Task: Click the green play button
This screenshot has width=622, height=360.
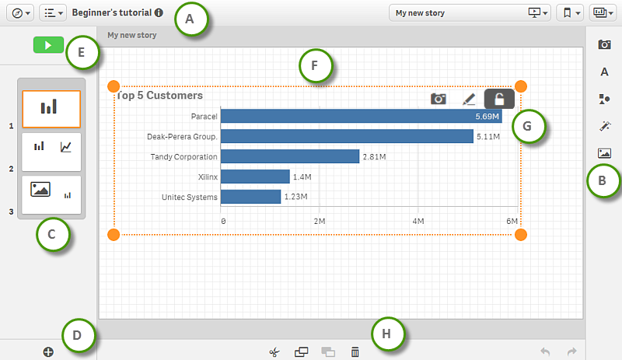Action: click(x=48, y=46)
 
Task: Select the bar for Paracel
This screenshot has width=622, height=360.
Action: click(x=361, y=116)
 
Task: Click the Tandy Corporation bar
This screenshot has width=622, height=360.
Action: click(x=290, y=156)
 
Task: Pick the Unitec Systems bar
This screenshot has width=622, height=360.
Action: click(x=250, y=197)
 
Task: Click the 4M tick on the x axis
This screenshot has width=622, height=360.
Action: click(x=418, y=222)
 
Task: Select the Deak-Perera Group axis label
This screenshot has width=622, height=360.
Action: click(x=182, y=136)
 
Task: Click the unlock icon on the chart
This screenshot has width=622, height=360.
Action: click(x=500, y=99)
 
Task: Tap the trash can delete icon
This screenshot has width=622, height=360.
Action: click(x=355, y=352)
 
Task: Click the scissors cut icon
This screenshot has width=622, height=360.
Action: click(x=274, y=352)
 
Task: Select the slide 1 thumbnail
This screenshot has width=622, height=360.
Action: click(x=51, y=108)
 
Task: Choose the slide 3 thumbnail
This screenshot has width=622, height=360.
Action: click(x=51, y=190)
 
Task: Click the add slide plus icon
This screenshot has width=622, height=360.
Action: click(x=48, y=352)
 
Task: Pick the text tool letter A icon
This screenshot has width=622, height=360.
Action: click(x=604, y=72)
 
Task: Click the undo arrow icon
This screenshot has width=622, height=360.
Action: click(x=545, y=352)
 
